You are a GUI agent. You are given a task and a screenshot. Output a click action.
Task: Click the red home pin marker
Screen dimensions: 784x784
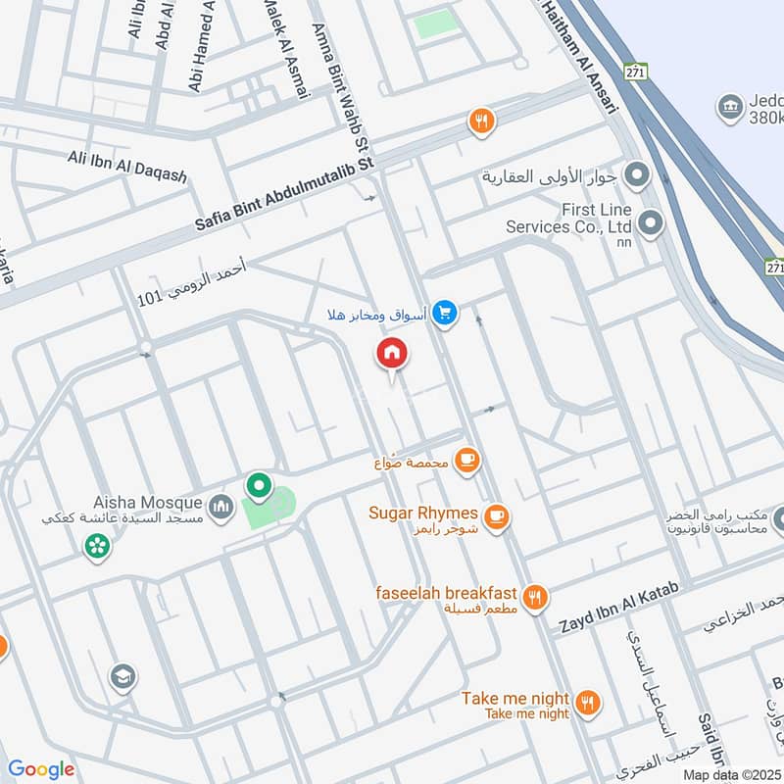pos(392,354)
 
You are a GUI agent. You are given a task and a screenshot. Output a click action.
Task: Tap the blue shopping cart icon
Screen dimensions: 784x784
pos(446,314)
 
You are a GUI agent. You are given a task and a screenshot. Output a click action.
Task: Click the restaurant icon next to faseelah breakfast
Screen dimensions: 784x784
pos(534,597)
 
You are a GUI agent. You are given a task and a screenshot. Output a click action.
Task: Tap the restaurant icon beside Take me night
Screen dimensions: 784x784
pos(587,701)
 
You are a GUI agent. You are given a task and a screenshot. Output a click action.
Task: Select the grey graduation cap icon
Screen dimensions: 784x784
pos(122,676)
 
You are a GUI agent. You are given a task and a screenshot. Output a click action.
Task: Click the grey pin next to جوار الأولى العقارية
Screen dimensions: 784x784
pos(638,176)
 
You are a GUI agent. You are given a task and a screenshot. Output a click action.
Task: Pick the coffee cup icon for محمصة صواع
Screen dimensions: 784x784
pos(467,460)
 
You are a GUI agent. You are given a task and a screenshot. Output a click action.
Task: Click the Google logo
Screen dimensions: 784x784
pos(41,769)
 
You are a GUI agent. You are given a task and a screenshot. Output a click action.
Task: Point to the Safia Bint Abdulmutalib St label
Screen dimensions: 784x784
pos(284,196)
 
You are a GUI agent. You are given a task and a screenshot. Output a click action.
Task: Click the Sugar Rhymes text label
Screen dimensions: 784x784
pos(423,513)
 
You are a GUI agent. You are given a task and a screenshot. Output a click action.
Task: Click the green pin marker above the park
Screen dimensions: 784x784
pos(259,485)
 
